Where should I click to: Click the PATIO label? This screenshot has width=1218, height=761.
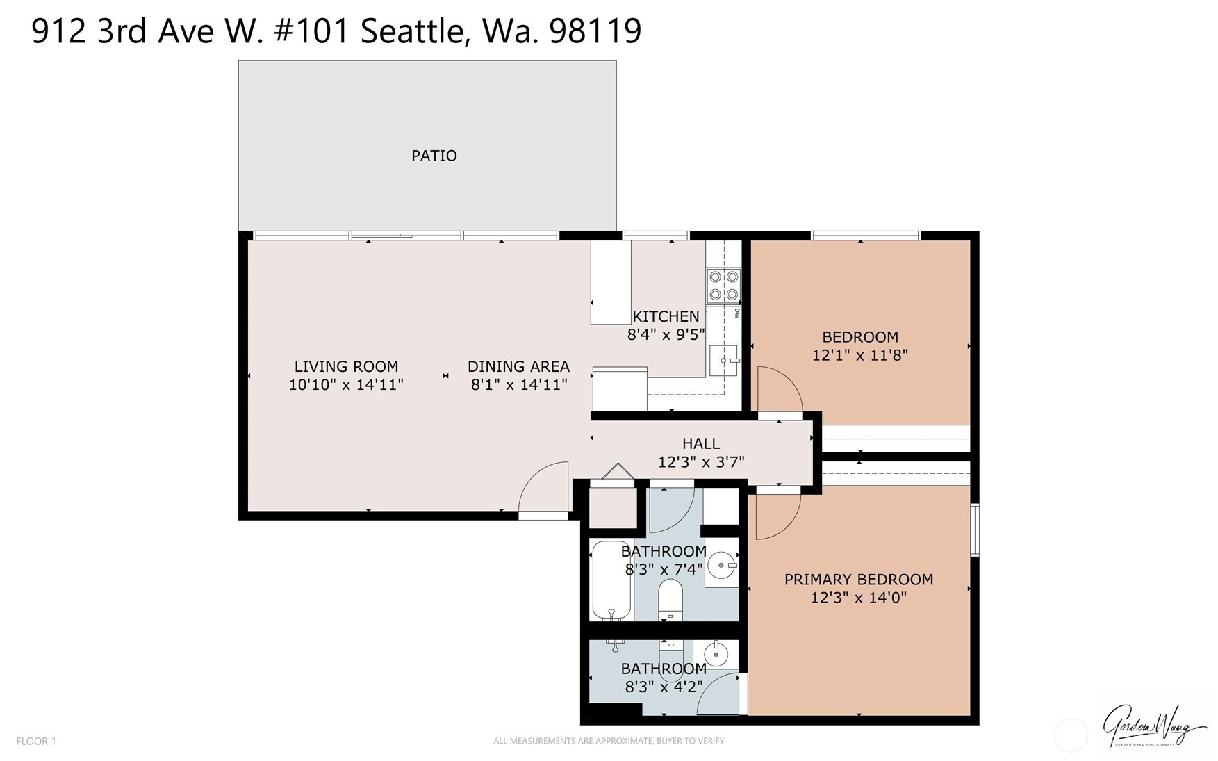[434, 156]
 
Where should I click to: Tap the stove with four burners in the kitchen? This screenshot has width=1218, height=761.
[723, 286]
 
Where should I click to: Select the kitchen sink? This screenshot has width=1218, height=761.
[724, 361]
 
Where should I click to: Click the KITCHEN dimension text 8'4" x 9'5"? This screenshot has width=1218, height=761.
[666, 335]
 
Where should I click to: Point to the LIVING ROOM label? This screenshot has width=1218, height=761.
[346, 366]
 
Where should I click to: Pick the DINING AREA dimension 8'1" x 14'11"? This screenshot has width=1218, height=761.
[519, 385]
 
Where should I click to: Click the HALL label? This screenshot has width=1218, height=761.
[700, 443]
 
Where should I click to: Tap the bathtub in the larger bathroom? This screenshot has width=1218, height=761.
[611, 581]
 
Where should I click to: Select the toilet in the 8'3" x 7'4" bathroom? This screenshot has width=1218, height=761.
[670, 598]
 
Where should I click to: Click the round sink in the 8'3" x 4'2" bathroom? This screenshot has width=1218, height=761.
[716, 654]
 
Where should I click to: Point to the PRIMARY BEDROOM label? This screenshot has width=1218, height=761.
[858, 580]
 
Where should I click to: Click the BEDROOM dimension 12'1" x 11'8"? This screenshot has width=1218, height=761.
[859, 355]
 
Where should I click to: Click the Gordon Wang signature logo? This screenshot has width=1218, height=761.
[1154, 726]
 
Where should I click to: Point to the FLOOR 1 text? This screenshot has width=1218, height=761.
[36, 741]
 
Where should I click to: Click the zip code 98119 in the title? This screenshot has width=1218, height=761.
[595, 31]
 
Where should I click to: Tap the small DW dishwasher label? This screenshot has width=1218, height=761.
[736, 314]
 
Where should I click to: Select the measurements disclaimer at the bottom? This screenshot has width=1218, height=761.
[609, 741]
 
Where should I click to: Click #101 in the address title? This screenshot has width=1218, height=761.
[311, 31]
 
